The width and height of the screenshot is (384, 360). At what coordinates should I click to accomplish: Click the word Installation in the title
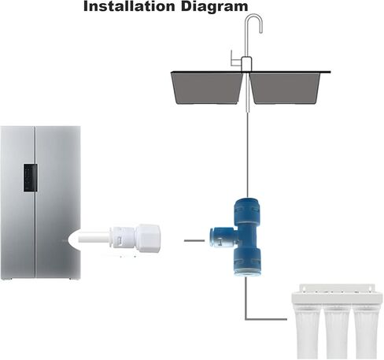[129, 6]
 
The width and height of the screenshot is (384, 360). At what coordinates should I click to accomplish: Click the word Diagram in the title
[214, 7]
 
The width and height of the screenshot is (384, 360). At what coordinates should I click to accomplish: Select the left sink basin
[207, 88]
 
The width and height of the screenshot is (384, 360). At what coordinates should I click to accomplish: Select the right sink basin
[285, 88]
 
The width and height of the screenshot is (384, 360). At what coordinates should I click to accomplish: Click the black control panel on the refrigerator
[31, 178]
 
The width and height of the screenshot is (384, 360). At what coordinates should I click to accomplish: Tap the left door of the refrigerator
[18, 202]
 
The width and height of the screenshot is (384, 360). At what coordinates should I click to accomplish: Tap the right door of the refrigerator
[58, 202]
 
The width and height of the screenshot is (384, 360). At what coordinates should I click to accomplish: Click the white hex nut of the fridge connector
[148, 239]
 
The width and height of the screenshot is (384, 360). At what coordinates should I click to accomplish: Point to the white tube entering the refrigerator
[94, 239]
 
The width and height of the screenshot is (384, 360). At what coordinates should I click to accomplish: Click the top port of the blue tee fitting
[247, 207]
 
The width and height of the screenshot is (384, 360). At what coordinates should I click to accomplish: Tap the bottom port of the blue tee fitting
[247, 263]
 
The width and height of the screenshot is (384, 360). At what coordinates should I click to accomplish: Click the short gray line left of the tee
[194, 240]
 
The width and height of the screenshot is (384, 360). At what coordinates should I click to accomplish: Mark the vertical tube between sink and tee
[247, 151]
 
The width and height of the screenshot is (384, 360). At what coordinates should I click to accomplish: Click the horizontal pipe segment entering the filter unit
[267, 319]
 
